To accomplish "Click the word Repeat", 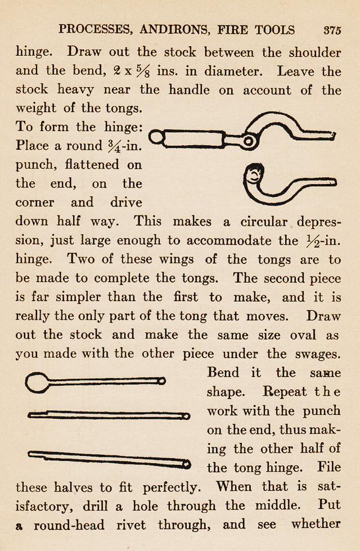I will pos(285,392).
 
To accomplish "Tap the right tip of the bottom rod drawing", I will pos(186,464).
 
